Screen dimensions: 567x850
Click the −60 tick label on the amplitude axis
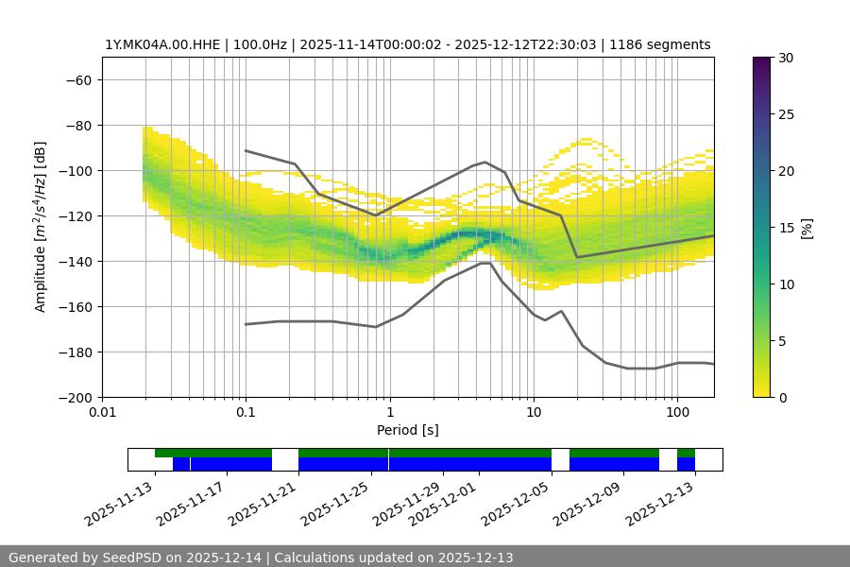point(77,79)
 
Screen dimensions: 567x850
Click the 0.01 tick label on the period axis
point(102,413)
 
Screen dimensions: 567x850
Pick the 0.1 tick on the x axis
point(246,413)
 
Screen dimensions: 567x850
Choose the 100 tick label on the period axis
point(676,413)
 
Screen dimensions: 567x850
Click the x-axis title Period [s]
point(407,430)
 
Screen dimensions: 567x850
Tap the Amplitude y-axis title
point(41,227)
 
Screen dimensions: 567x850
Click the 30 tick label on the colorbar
point(784,58)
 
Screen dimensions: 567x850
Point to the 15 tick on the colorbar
point(784,228)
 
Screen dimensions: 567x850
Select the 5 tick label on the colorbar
point(780,341)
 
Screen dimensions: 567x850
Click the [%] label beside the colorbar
point(807,228)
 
